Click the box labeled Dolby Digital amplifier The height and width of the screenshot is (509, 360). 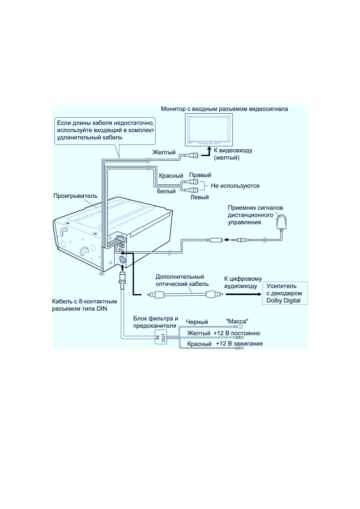click(x=285, y=293)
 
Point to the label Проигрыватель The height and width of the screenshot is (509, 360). click(x=75, y=196)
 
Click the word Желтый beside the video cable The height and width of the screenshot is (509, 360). click(x=164, y=152)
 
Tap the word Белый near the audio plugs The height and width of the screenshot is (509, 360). click(x=166, y=191)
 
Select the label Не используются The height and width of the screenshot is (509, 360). click(x=235, y=186)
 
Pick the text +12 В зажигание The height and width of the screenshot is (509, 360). click(x=239, y=343)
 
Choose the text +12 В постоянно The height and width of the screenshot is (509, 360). click(x=237, y=333)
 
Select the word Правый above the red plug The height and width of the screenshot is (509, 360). click(x=200, y=175)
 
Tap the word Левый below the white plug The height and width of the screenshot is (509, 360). click(x=199, y=197)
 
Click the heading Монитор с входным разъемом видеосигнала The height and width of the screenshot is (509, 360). click(x=224, y=109)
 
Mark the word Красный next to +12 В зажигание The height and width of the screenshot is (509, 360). click(x=199, y=344)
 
